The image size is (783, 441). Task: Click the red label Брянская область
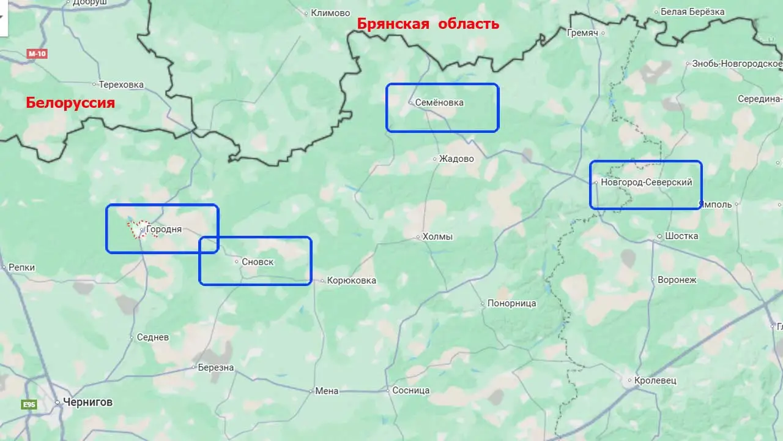(428, 24)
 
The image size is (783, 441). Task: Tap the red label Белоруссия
(70, 102)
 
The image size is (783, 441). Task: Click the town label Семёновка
(439, 102)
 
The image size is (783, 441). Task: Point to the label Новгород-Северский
(646, 182)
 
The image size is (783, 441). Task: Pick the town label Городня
(164, 230)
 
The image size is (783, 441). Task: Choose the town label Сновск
(258, 262)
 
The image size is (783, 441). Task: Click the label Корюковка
(352, 281)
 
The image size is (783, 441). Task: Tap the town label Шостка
(681, 236)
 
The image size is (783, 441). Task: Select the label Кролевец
(655, 380)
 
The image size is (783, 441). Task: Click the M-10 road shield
(37, 54)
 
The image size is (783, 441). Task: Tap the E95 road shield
(29, 404)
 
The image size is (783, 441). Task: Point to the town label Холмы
(437, 236)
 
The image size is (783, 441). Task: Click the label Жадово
(456, 159)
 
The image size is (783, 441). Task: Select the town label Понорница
(511, 303)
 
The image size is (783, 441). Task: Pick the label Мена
(327, 391)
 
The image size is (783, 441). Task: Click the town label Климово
(330, 12)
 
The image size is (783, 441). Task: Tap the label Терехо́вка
(121, 84)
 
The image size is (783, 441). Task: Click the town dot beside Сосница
(388, 390)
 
